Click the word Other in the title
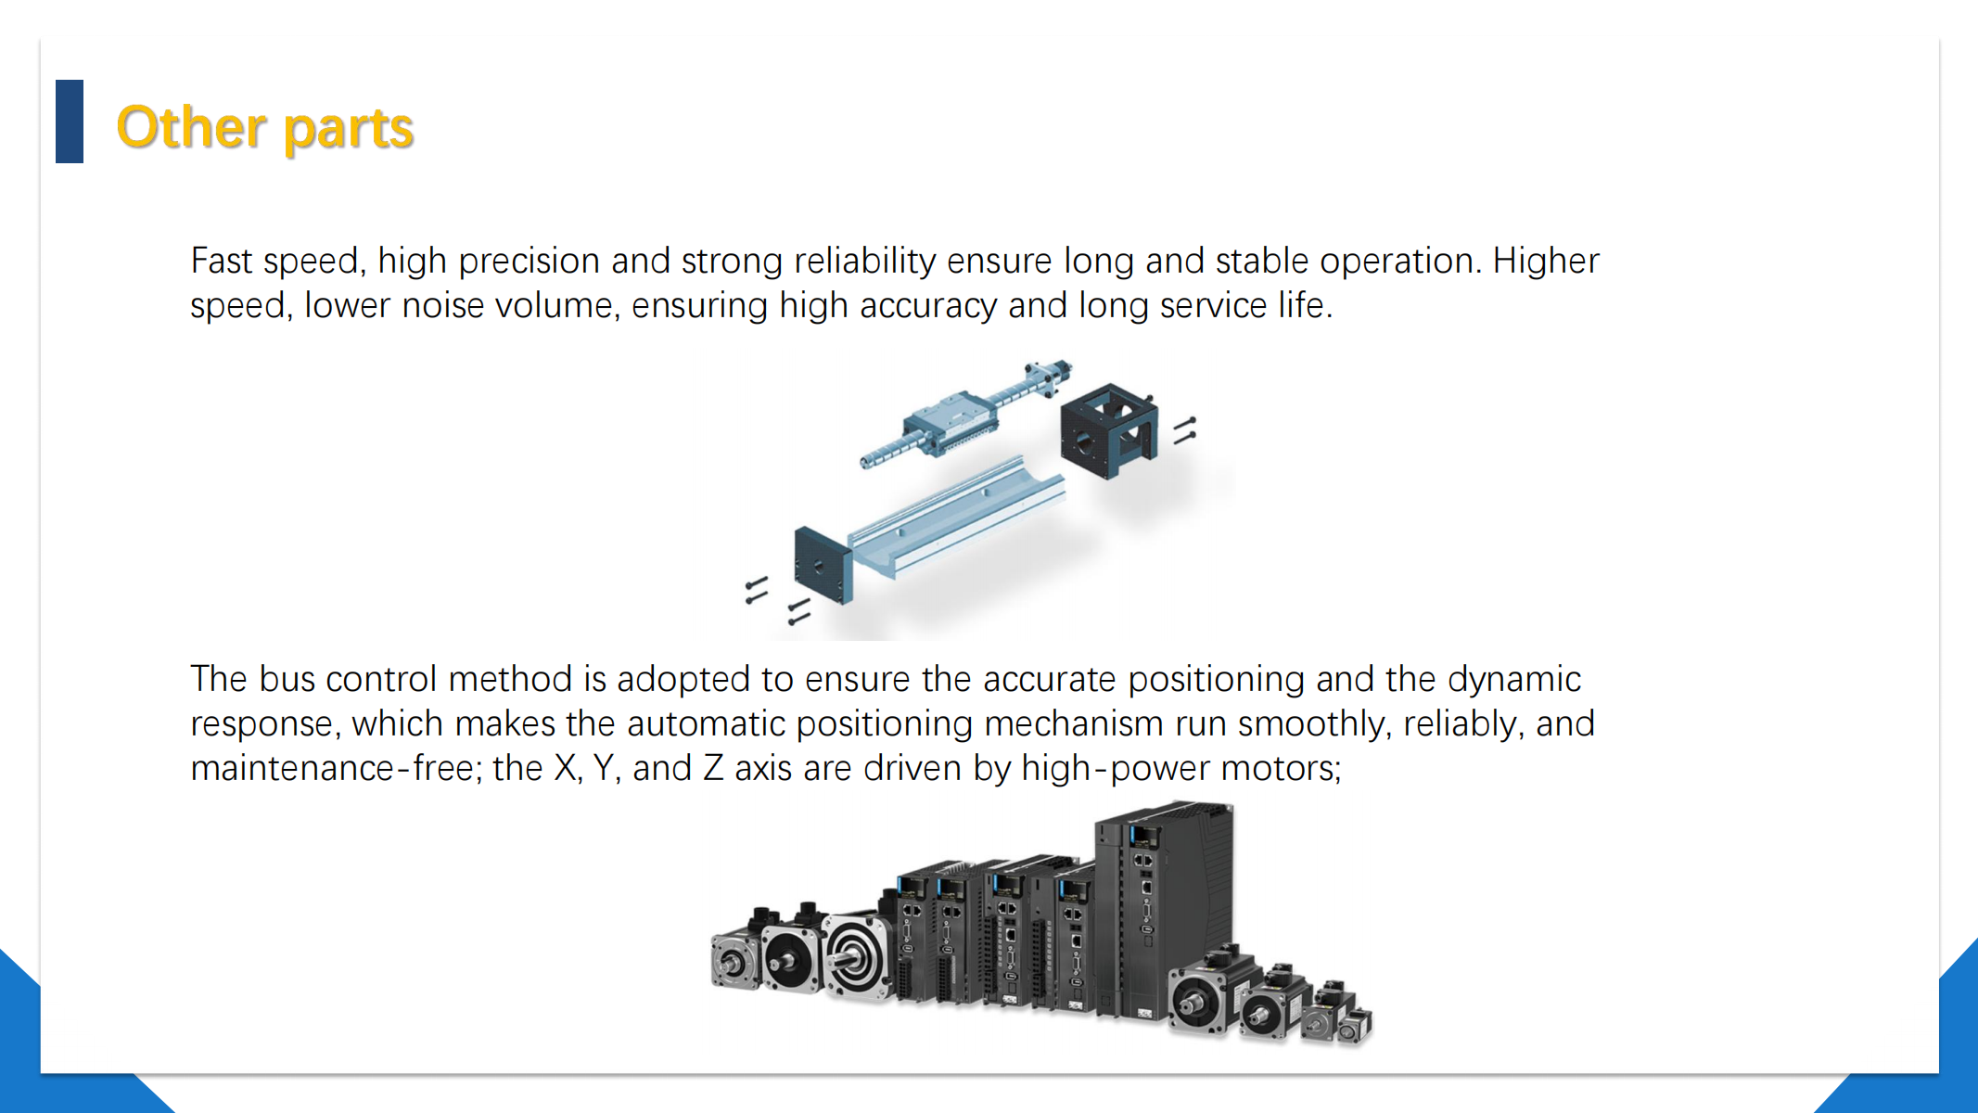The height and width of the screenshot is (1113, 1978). [x=191, y=127]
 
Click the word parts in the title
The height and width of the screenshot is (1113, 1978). [x=348, y=131]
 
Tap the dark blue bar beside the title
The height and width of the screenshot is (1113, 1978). [x=70, y=122]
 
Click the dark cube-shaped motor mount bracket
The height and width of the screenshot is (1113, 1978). [x=1109, y=429]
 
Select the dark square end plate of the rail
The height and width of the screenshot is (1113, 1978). [x=823, y=565]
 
